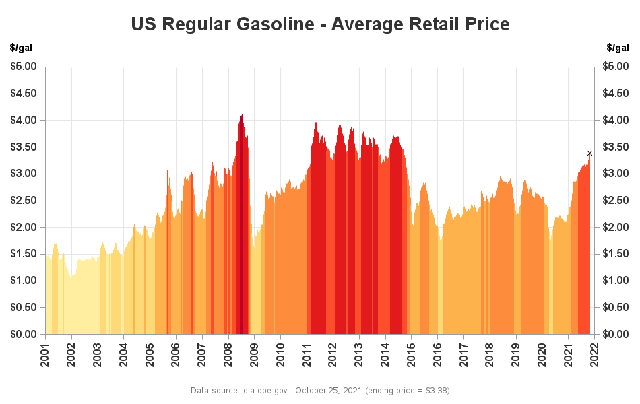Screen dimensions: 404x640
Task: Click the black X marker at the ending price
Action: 589,154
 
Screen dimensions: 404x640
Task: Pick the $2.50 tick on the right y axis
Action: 615,201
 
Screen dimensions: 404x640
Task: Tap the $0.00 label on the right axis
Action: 615,334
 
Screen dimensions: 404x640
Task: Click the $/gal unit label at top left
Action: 21,48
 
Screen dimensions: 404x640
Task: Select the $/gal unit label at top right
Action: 618,48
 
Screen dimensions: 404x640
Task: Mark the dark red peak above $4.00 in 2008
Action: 241,118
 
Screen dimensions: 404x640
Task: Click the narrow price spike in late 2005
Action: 168,174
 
